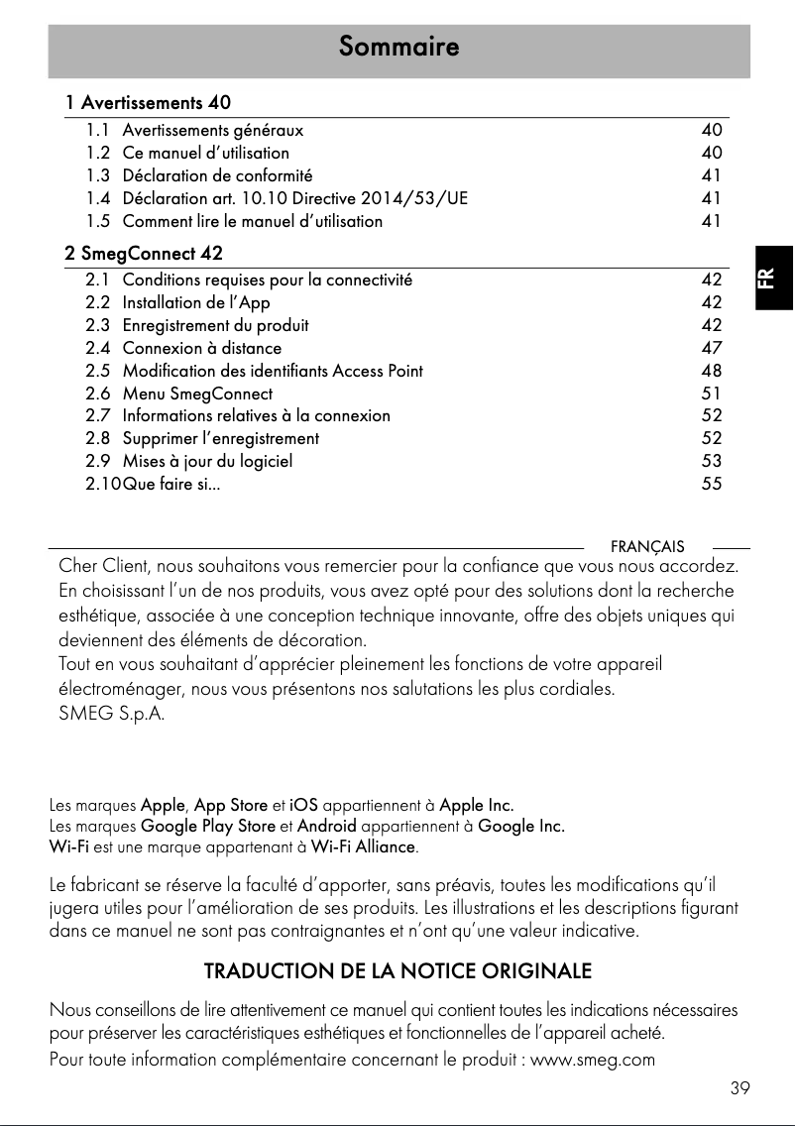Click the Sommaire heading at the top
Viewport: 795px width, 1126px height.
(x=397, y=47)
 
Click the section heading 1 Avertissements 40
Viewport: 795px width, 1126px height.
(x=148, y=103)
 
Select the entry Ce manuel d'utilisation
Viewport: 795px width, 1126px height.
(x=205, y=153)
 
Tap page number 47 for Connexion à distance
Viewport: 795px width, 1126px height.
(x=711, y=348)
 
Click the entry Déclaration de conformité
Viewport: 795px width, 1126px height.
(x=217, y=175)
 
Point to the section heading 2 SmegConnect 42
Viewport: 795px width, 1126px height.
(x=144, y=254)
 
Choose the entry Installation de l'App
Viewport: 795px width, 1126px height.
(x=195, y=302)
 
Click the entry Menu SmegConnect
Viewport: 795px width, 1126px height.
(x=196, y=394)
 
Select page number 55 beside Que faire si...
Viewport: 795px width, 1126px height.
(x=711, y=485)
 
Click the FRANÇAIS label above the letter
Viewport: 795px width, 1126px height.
(x=646, y=547)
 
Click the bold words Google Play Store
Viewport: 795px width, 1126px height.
(x=208, y=826)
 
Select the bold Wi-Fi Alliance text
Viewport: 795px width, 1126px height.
(x=363, y=846)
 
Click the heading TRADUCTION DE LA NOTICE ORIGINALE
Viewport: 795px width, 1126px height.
(x=397, y=970)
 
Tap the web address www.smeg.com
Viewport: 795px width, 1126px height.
(x=593, y=1060)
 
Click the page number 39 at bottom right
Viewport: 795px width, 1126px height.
(x=739, y=1088)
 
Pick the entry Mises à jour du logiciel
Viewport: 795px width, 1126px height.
(x=207, y=461)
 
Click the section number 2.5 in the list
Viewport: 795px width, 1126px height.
(x=98, y=371)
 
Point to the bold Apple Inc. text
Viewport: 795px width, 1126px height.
(x=476, y=804)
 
